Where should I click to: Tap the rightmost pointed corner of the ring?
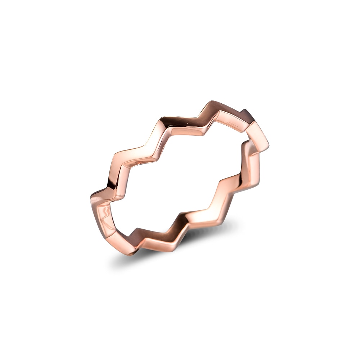tap(269, 147)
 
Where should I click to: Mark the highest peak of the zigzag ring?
tap(212, 102)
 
